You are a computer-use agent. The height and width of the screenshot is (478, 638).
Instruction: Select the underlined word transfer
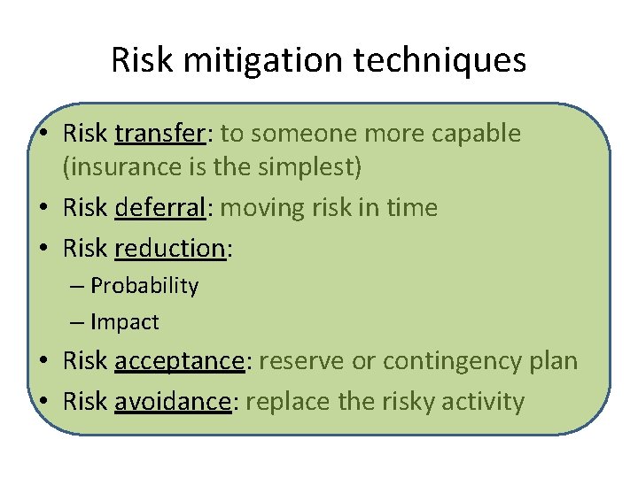(159, 134)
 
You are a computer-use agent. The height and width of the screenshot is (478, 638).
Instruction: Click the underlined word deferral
(163, 208)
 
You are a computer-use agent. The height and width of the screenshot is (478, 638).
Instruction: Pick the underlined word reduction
(170, 249)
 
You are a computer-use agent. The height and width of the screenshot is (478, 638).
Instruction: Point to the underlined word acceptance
(179, 361)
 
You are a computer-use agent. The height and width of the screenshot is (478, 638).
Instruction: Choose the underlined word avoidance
(173, 401)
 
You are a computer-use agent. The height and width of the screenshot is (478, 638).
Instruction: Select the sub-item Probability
(144, 286)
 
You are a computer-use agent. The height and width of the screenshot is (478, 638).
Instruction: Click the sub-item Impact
(124, 322)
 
